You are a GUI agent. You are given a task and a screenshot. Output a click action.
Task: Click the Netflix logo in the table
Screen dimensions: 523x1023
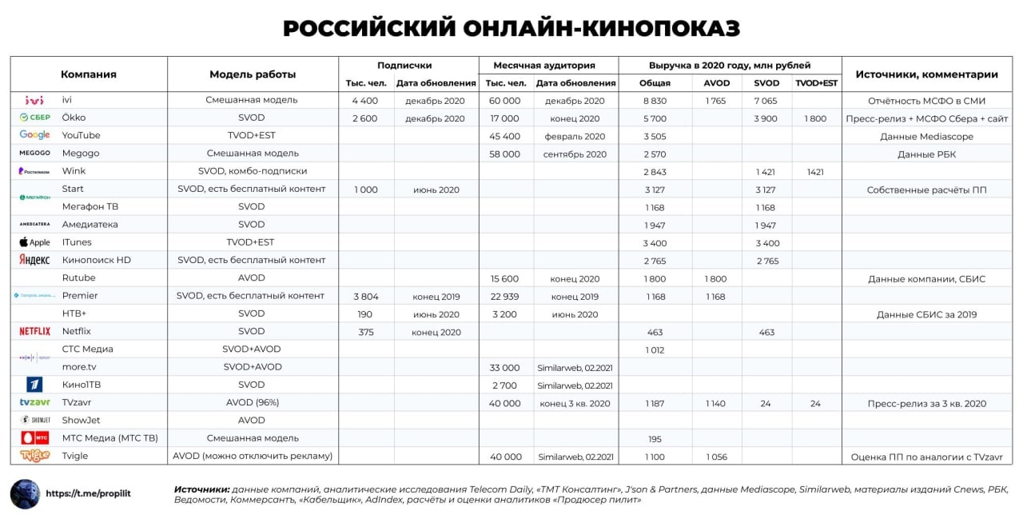[34, 331]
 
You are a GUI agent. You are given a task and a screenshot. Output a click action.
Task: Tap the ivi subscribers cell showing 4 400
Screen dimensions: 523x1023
[366, 101]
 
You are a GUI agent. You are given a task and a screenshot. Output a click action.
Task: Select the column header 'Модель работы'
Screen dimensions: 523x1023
[253, 74]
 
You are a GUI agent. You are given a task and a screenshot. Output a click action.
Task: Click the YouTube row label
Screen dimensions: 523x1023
[82, 136]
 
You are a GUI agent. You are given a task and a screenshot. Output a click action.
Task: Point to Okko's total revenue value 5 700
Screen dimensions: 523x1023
[655, 118]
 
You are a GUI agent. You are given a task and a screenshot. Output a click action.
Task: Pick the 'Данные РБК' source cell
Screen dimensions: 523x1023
[926, 154]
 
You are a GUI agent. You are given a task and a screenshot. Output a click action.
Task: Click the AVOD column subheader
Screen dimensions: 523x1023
[716, 83]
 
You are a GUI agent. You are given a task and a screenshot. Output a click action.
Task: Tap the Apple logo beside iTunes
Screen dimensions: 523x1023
[34, 242]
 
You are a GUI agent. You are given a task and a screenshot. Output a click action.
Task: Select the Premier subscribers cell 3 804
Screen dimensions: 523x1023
[366, 296]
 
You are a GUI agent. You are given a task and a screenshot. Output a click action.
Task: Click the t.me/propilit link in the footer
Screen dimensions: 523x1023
[88, 493]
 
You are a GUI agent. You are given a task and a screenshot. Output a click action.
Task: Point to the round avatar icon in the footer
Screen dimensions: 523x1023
[25, 493]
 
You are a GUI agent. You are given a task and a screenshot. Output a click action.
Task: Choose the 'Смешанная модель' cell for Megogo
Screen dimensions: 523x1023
[253, 154]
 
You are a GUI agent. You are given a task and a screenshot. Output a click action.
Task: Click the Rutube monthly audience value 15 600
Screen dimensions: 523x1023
[505, 278]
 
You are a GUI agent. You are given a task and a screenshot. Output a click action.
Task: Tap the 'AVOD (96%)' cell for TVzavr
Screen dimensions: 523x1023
[253, 403]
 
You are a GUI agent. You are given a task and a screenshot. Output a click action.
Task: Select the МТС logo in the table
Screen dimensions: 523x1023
[34, 438]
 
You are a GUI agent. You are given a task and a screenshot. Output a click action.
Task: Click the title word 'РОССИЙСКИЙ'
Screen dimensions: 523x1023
[369, 29]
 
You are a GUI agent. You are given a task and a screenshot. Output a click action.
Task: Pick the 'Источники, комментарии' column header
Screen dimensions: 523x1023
[926, 74]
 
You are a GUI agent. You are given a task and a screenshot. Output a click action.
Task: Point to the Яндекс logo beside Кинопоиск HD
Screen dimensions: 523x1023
[34, 260]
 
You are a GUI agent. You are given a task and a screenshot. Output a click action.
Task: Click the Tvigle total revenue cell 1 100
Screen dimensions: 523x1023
[655, 457]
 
